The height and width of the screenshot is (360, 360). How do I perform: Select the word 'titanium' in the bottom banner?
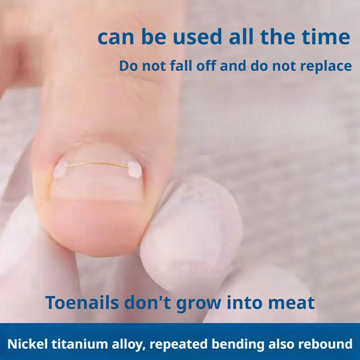[x=72, y=344]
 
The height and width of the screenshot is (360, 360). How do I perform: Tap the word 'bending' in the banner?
[x=232, y=344]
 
